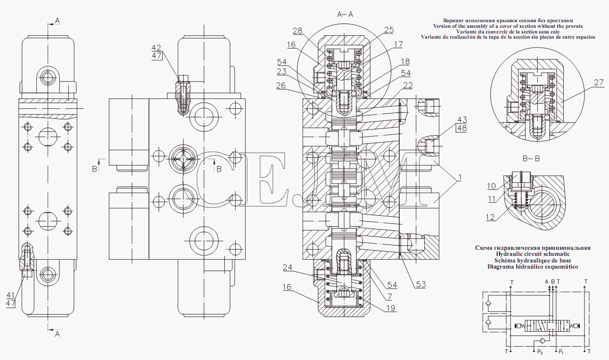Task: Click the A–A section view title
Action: click(x=345, y=15)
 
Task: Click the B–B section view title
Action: click(x=531, y=159)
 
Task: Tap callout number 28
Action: click(x=297, y=31)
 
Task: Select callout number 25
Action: click(x=389, y=30)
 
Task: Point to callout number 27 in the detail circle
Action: click(x=599, y=82)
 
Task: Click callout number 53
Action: click(x=421, y=284)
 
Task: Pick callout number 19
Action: click(x=390, y=308)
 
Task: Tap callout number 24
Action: click(x=288, y=267)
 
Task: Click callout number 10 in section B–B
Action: click(x=491, y=186)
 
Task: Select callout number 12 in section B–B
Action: click(x=491, y=217)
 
